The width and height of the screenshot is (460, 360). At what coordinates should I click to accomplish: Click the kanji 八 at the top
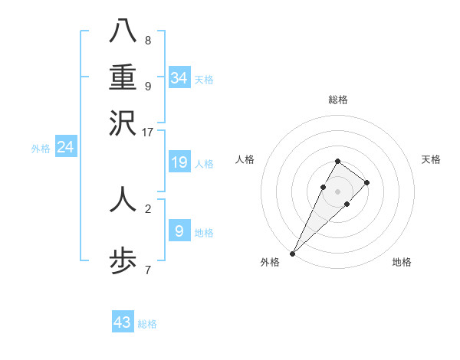123,31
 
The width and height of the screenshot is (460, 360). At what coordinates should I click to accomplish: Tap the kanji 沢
123,123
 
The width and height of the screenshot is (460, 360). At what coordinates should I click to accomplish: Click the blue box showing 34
179,78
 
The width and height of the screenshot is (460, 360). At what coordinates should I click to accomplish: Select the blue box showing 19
179,162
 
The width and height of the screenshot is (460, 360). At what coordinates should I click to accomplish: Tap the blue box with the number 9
179,231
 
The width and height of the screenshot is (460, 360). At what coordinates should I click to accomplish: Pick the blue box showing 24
66,147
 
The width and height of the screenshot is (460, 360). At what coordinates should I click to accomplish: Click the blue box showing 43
123,322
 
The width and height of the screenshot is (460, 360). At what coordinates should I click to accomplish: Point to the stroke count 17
147,132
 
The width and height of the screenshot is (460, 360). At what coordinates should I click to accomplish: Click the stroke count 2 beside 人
147,208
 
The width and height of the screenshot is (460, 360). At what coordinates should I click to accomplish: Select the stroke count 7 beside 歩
147,270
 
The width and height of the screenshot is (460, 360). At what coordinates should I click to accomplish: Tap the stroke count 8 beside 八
147,40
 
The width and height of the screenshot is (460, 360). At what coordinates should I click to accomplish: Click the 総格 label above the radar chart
337,100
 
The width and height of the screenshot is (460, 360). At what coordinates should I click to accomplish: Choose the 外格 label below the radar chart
270,263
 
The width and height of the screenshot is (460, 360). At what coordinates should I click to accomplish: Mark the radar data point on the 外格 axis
293,253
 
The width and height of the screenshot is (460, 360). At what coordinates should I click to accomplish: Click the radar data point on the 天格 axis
367,182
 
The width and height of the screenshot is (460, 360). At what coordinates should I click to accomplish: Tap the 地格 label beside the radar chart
402,263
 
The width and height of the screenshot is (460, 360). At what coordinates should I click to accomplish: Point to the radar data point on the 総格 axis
337,161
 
